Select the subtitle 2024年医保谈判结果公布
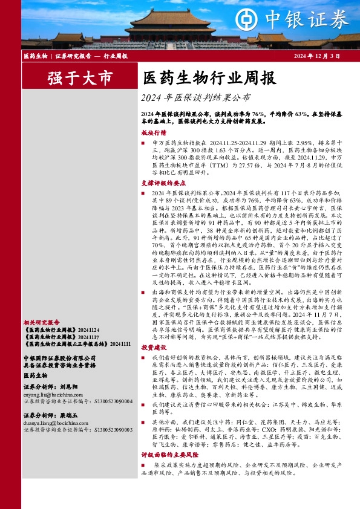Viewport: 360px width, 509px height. point(194,97)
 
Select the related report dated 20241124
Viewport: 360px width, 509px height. point(58,331)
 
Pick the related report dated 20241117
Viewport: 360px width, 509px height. point(58,337)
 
